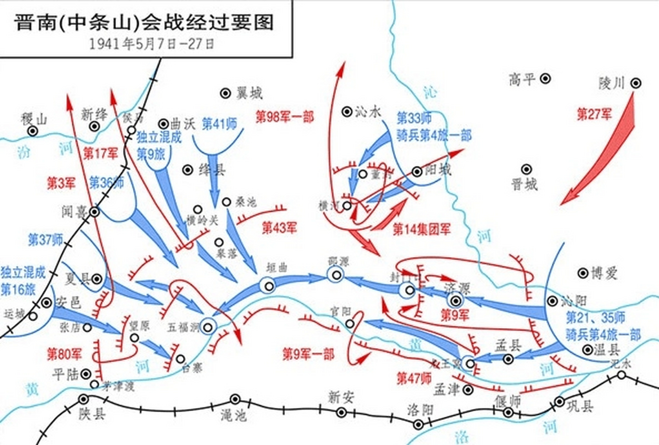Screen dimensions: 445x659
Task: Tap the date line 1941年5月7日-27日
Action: coord(152,44)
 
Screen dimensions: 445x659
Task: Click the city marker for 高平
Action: coord(545,79)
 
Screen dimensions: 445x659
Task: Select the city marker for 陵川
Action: coord(636,83)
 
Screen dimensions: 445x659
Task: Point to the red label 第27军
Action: coord(594,114)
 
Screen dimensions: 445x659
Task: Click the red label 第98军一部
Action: coord(284,117)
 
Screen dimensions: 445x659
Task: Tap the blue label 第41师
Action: coord(219,124)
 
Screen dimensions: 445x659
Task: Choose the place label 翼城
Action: coord(249,94)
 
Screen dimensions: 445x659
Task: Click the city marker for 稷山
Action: coord(33,131)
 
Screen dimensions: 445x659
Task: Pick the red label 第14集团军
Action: coord(422,229)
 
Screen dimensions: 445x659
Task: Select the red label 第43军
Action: coord(279,228)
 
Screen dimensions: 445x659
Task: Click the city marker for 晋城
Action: coord(526,170)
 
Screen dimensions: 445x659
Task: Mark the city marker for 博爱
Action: coord(583,273)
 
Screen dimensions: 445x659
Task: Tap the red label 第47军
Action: coord(414,378)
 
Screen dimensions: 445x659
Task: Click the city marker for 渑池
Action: coord(235,399)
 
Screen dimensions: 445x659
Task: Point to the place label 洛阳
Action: coord(420,410)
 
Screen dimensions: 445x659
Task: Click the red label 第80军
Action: coord(64,354)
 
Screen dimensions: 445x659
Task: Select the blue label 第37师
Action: coord(45,240)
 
